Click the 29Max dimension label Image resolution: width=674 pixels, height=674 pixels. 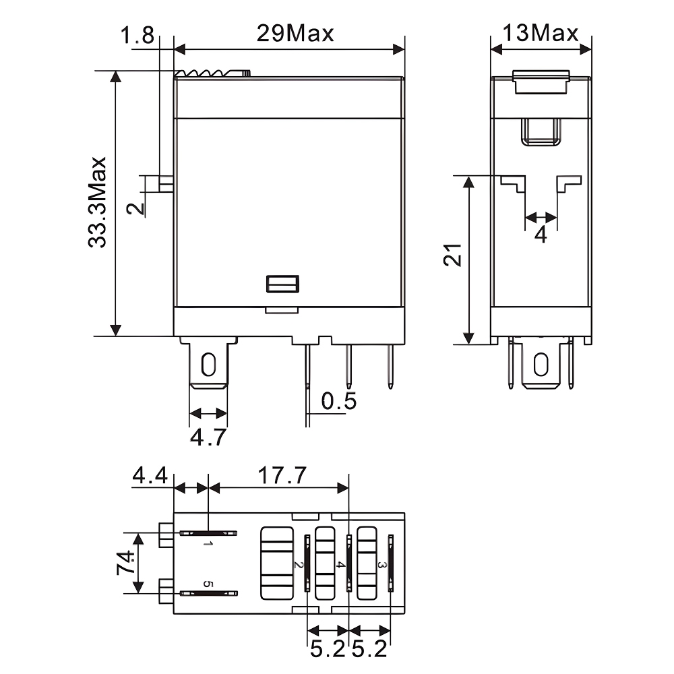(x=295, y=33)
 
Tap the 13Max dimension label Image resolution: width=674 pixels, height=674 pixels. (x=541, y=33)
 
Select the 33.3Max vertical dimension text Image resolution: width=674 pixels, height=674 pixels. (x=98, y=203)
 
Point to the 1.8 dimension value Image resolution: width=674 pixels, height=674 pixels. (x=137, y=35)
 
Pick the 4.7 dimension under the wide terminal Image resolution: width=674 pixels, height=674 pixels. (x=208, y=437)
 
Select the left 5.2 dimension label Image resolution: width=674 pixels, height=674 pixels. (x=328, y=650)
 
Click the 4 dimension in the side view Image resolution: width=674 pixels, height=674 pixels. (x=541, y=235)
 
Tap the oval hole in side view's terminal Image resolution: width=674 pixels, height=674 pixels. (x=541, y=365)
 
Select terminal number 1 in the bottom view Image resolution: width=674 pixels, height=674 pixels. (x=208, y=543)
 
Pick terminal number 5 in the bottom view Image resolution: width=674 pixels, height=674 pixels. (x=208, y=584)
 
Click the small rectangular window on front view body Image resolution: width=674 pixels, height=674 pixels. (x=282, y=284)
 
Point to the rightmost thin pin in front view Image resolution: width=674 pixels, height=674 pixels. (x=390, y=367)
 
